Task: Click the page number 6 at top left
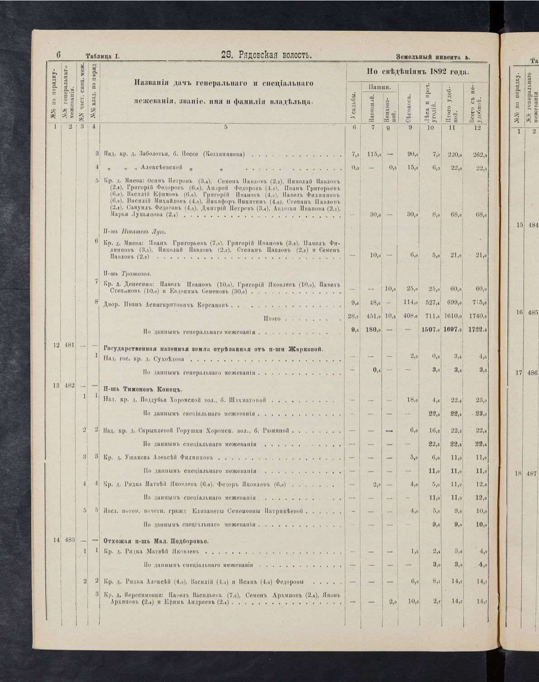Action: pos(59,55)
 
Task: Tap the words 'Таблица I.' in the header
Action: pos(102,57)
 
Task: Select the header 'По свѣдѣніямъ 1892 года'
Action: pos(417,72)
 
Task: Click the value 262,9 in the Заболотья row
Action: pos(479,154)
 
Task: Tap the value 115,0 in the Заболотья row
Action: pos(373,154)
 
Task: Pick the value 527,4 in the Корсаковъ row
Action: pos(430,303)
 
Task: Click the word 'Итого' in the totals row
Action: pos(272,319)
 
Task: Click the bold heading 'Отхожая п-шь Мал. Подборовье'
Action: pos(156,541)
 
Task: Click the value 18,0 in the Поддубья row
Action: pos(412,400)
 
